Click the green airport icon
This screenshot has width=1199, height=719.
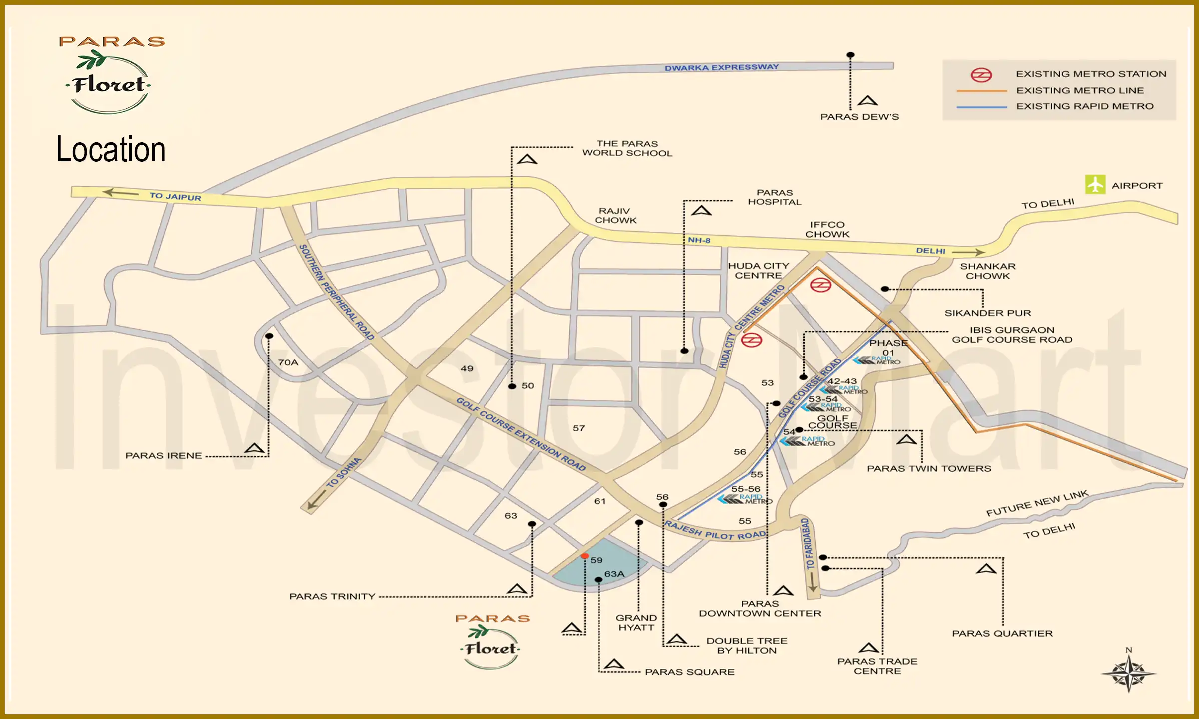click(x=1095, y=185)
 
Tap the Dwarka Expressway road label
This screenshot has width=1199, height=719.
click(x=721, y=67)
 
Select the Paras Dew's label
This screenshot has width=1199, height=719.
click(x=859, y=117)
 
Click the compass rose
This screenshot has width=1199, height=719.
click(x=1128, y=674)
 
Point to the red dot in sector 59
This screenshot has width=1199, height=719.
click(x=585, y=556)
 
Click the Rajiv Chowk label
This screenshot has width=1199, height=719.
click(x=615, y=216)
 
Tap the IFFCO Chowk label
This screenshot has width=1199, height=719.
click(x=827, y=230)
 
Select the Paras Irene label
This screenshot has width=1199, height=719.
click(x=164, y=456)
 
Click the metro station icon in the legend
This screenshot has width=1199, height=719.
click(x=981, y=75)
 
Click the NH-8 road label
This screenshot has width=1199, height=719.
click(x=699, y=240)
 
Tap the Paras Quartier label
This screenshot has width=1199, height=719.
click(x=1002, y=634)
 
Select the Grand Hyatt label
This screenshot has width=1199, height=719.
click(x=636, y=623)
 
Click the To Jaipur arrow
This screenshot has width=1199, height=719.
click(x=120, y=193)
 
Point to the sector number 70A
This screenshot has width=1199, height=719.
click(x=288, y=362)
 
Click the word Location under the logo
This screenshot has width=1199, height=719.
click(x=111, y=149)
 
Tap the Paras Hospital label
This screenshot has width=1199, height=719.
click(x=774, y=197)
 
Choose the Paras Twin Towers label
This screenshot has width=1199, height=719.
click(x=929, y=469)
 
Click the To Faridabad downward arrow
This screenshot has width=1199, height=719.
click(x=813, y=582)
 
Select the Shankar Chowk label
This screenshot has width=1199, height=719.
click(x=988, y=271)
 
